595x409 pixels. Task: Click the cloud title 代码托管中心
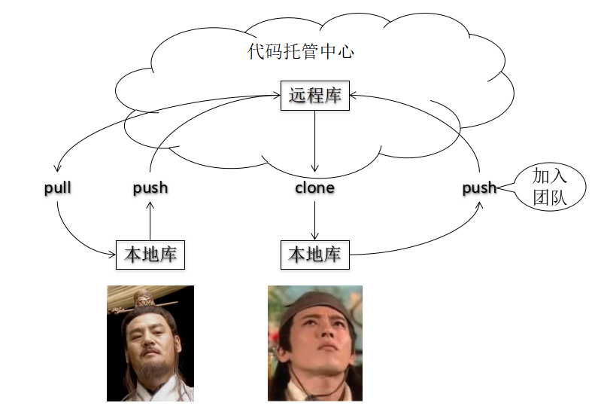(x=301, y=52)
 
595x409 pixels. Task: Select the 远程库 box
(x=314, y=96)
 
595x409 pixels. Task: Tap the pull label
(x=58, y=187)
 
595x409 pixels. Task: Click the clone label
(x=314, y=188)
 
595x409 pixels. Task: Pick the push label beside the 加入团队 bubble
(x=479, y=188)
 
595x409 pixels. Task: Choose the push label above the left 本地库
(x=150, y=188)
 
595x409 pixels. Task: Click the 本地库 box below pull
(x=150, y=255)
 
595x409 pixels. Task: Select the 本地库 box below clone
(x=314, y=255)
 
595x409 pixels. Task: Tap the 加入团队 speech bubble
(x=548, y=188)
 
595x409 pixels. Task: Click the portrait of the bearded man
(x=150, y=343)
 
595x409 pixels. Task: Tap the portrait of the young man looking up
(x=314, y=343)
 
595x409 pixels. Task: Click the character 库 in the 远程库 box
(x=332, y=96)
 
